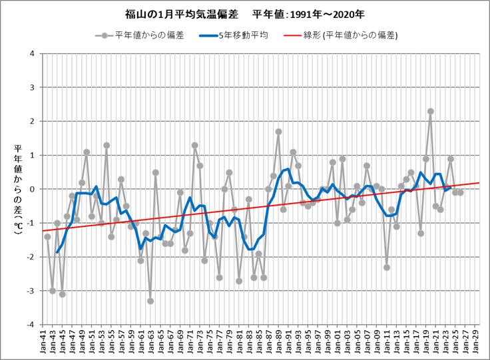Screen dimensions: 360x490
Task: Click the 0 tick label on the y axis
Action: pyautogui.click(x=32, y=190)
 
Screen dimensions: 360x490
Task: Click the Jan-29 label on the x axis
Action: pyautogui.click(x=475, y=342)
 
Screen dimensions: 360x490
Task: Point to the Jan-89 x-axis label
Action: pyautogui.click(x=278, y=342)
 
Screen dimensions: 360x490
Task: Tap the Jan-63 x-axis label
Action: pyautogui.click(x=156, y=342)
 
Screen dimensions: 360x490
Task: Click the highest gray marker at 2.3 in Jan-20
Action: pyautogui.click(x=431, y=112)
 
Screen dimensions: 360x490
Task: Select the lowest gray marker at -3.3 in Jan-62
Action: pyautogui.click(x=150, y=301)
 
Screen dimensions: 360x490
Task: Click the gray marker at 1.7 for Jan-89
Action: pyautogui.click(x=278, y=132)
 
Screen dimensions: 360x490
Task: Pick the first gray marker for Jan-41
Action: pyautogui.click(x=47, y=237)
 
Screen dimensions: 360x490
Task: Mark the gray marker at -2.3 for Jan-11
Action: pyautogui.click(x=387, y=268)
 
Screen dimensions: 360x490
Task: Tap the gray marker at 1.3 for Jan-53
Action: pyautogui.click(x=107, y=145)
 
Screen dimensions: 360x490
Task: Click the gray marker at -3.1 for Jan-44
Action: pyautogui.click(x=62, y=294)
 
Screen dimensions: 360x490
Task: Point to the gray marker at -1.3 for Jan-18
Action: pyautogui.click(x=421, y=234)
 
